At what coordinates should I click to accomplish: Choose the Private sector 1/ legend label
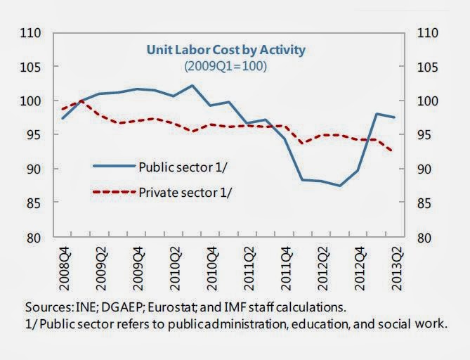click(x=184, y=192)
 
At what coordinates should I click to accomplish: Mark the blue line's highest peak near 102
click(x=192, y=86)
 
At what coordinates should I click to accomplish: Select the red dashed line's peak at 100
click(x=81, y=101)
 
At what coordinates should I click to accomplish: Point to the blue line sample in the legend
click(x=113, y=166)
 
